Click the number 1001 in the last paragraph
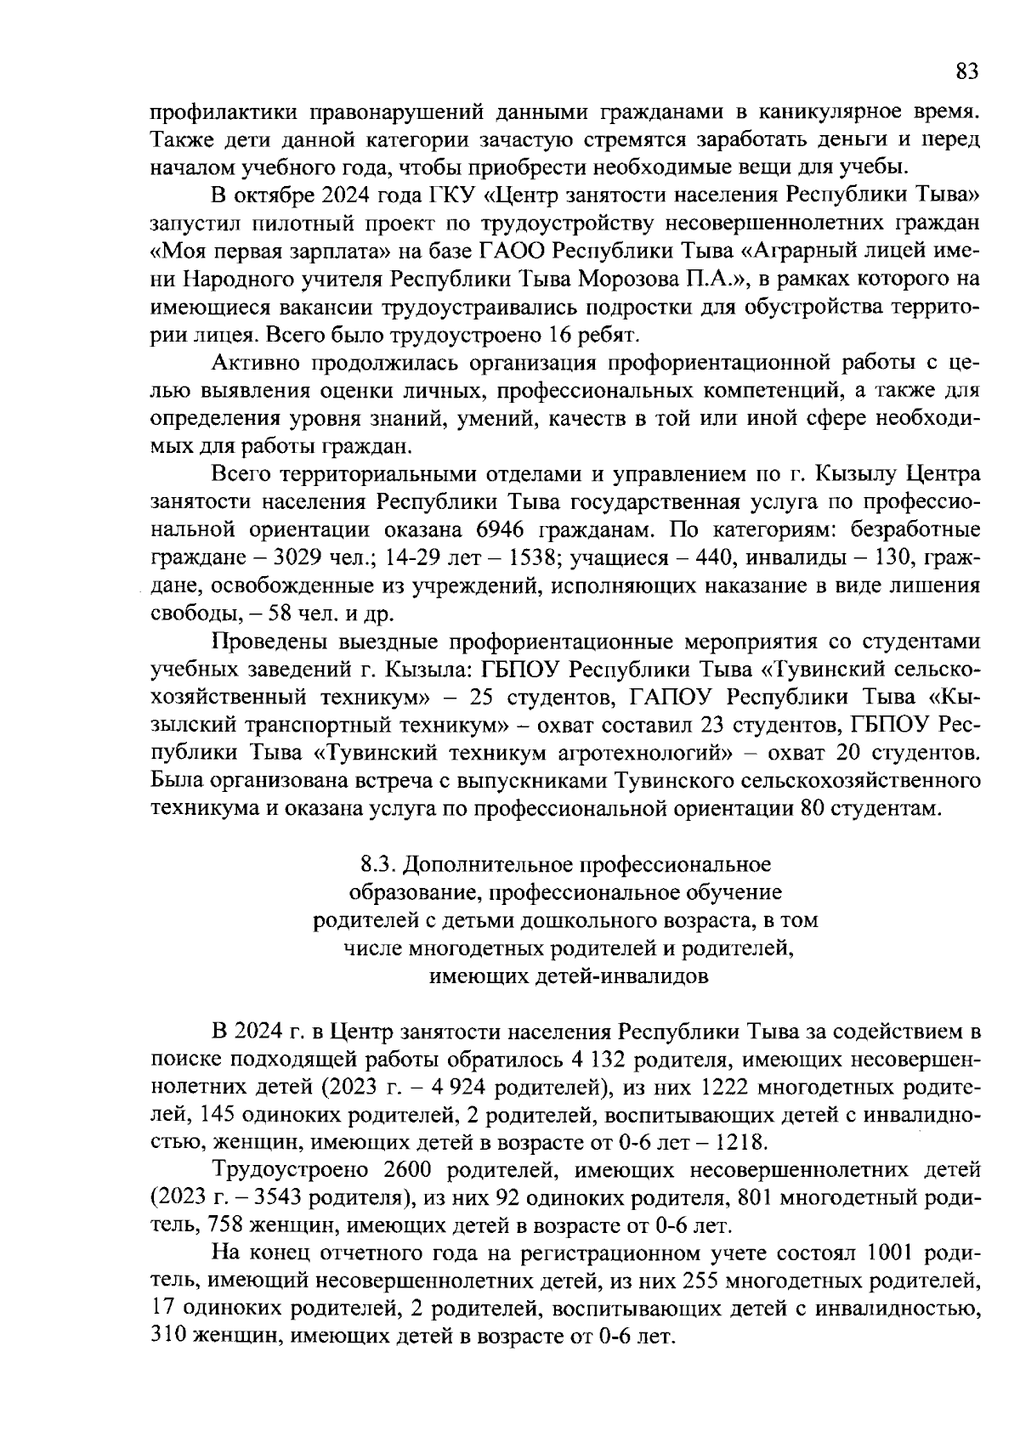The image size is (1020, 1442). (893, 1254)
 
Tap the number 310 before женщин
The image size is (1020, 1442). (167, 1337)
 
